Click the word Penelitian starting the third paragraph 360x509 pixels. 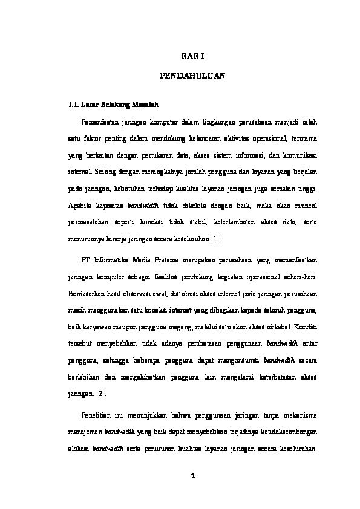(x=97, y=415)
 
